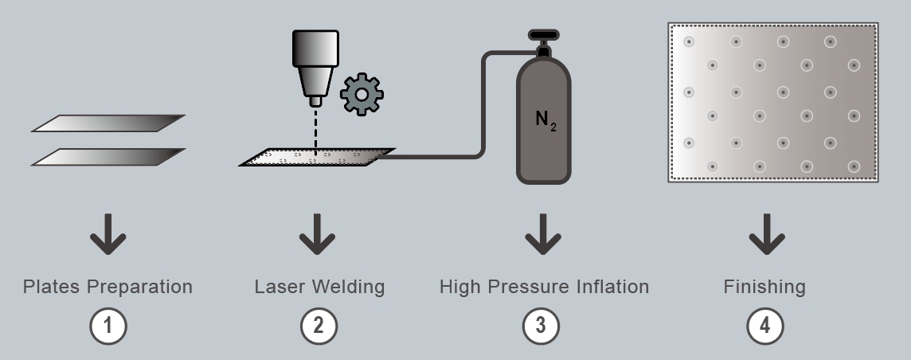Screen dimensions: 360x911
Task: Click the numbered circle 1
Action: (x=108, y=327)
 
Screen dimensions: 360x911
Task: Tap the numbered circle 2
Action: (x=319, y=327)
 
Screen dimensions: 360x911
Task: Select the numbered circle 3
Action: (x=542, y=327)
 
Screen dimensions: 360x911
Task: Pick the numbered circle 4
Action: (x=765, y=327)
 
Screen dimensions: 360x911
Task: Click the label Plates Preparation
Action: (x=108, y=287)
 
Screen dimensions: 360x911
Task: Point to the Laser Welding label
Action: (x=319, y=287)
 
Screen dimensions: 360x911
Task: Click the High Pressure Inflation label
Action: (x=544, y=287)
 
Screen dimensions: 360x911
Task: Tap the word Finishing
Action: (x=764, y=287)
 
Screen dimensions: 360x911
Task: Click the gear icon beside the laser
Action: (x=362, y=95)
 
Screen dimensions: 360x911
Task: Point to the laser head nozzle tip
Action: (x=316, y=101)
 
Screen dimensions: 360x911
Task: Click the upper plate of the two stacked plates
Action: (x=108, y=123)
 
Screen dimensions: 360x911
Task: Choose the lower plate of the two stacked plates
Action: (x=108, y=157)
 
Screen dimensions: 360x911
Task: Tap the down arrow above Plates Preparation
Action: (x=108, y=234)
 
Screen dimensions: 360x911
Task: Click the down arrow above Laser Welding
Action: (x=318, y=234)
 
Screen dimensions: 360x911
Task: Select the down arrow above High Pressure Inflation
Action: (x=542, y=234)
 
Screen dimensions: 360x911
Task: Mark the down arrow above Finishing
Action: (x=766, y=234)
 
